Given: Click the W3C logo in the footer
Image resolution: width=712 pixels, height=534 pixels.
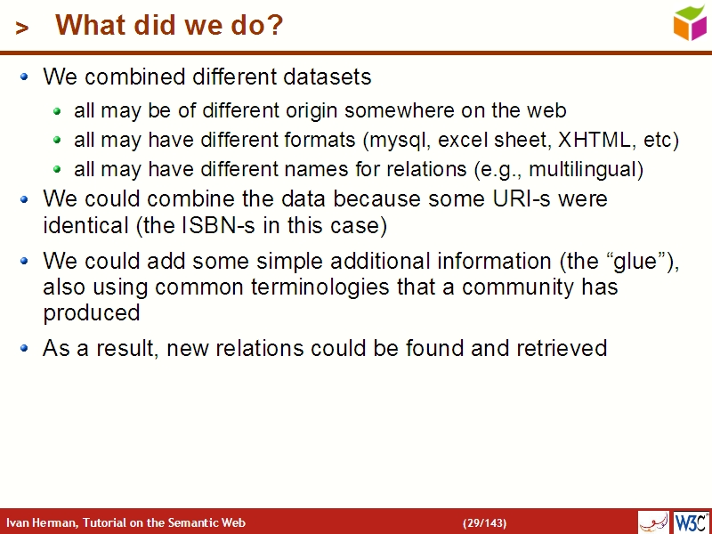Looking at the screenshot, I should coord(691,522).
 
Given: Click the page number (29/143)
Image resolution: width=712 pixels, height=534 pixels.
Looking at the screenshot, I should coord(484,522).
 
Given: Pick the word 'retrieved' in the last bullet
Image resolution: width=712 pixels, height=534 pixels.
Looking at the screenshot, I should coord(562,347).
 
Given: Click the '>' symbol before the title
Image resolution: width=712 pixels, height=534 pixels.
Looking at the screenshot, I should coord(23,28).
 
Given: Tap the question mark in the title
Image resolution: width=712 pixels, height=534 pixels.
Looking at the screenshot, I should coord(275,26).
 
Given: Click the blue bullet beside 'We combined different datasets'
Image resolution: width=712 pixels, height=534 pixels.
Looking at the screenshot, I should coord(25,77).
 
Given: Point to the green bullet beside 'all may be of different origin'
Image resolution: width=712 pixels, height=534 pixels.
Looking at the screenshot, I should coord(57,112).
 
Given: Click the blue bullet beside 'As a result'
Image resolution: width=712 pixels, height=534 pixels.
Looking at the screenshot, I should coord(25,347).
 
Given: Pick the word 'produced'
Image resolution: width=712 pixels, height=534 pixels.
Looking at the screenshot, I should coord(92,313).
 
